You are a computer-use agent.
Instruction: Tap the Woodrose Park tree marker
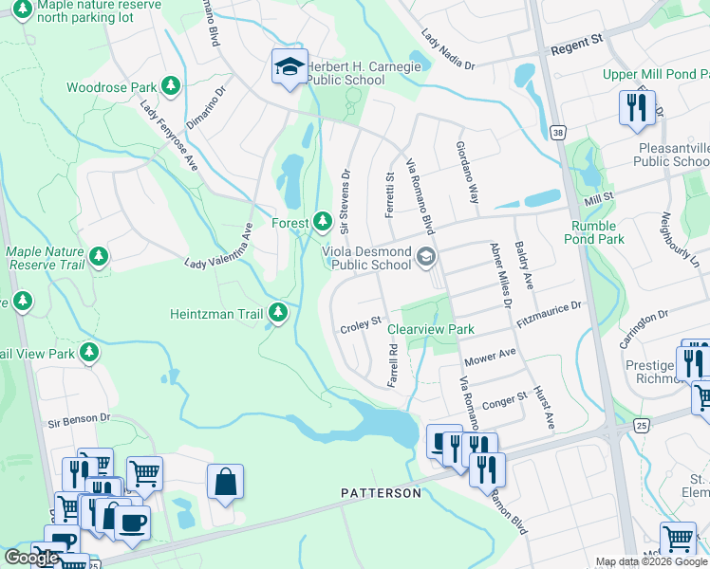coord(171,87)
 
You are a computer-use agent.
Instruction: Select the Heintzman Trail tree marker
coord(278,312)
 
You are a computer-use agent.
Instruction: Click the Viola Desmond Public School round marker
coord(426,254)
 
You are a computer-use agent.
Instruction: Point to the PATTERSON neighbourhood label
coord(381,493)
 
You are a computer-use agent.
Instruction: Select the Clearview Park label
coord(430,329)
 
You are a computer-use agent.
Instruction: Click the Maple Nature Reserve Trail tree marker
coord(98,256)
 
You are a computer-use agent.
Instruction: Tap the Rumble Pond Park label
coord(597,233)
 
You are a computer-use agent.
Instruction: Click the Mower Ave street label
coord(490,358)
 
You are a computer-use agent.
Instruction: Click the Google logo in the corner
coord(31,558)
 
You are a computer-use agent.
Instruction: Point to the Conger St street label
coord(504,401)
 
